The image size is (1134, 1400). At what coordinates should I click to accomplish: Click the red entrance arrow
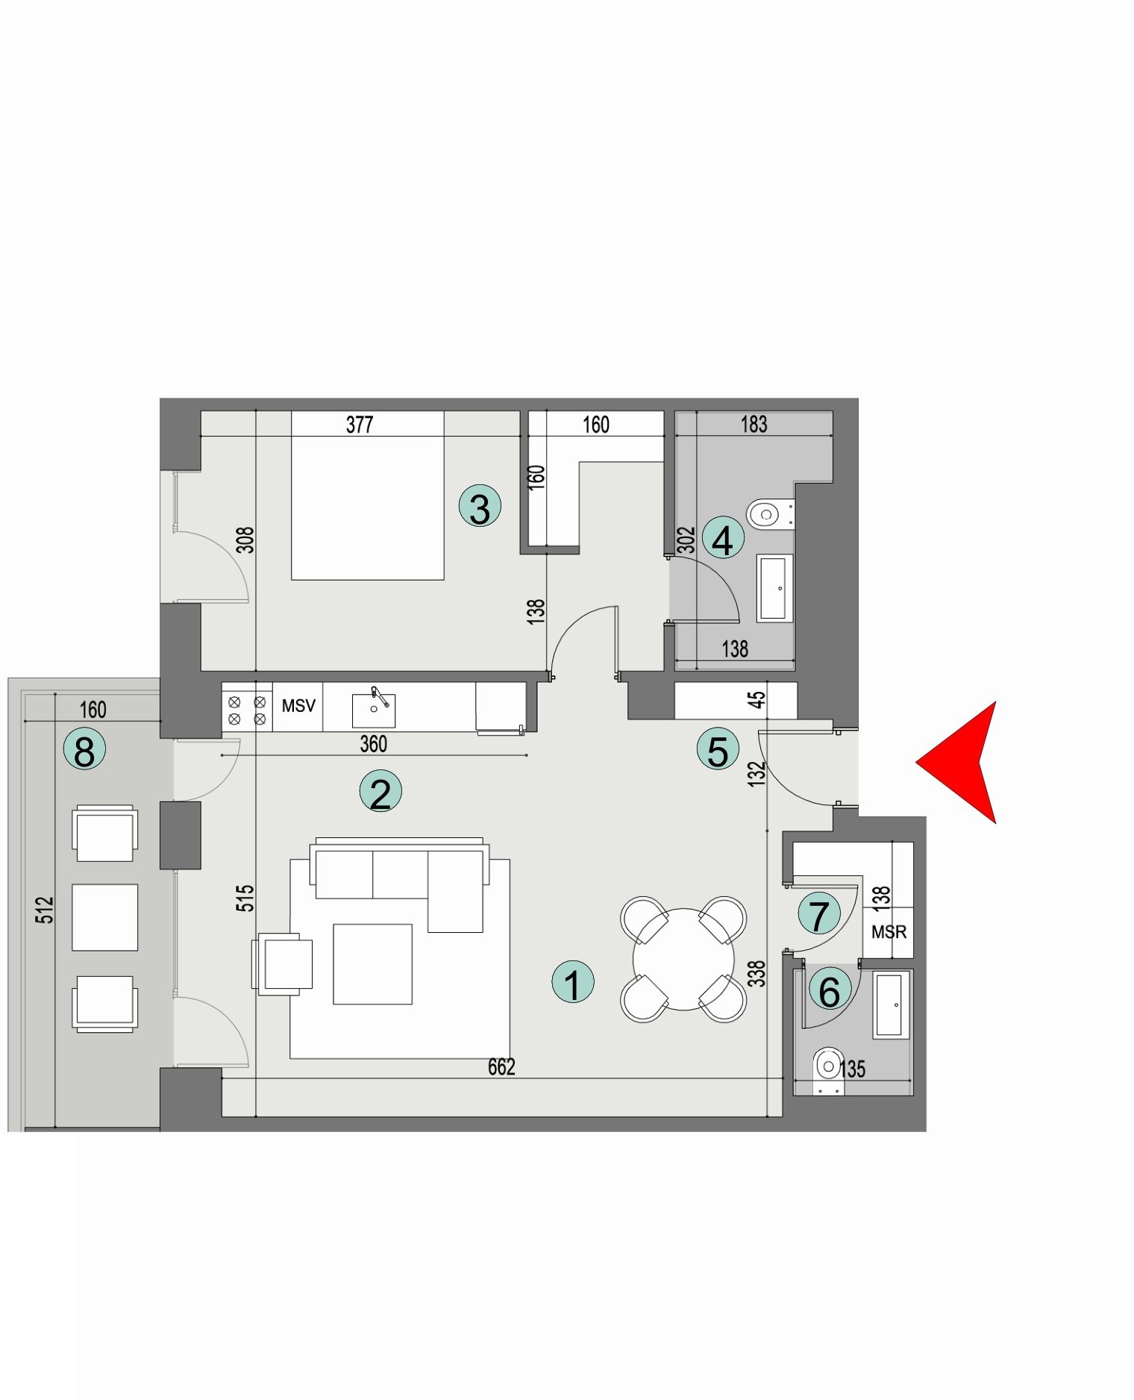[x=962, y=762]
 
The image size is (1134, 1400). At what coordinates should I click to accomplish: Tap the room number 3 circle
[x=480, y=506]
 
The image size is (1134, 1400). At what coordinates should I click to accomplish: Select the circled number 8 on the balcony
[x=84, y=749]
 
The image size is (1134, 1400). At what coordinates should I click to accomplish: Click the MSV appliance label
[x=298, y=705]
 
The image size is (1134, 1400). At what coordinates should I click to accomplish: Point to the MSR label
[x=889, y=932]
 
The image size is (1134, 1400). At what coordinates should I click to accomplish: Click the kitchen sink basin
[x=373, y=710]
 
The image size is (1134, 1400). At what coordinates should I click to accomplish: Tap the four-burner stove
[x=247, y=710]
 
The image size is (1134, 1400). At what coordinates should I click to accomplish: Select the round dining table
[x=683, y=959]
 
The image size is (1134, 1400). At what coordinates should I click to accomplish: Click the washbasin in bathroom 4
[x=774, y=588]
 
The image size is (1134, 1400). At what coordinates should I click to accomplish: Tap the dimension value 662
[x=501, y=1067]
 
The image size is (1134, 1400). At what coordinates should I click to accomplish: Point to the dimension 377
[x=360, y=425]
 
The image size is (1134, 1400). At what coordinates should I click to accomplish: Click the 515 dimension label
[x=245, y=898]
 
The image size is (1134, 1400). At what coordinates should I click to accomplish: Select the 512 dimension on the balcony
[x=46, y=910]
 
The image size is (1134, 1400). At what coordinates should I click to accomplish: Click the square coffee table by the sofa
[x=372, y=963]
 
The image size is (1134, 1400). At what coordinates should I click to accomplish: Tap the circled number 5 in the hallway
[x=718, y=750]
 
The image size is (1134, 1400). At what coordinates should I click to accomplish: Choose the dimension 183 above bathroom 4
[x=754, y=424]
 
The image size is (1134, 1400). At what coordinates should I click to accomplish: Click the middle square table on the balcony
[x=104, y=917]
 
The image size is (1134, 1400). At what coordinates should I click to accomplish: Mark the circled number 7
[x=819, y=914]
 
